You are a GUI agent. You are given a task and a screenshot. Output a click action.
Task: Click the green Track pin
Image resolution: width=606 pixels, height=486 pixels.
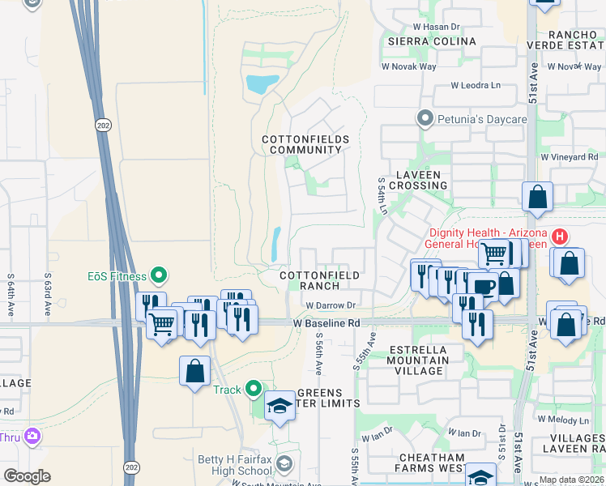point(254,390)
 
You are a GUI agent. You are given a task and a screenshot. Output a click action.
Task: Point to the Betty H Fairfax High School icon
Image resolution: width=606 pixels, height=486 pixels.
point(284,463)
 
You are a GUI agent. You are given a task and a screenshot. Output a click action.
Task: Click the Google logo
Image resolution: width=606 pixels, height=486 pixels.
point(27,476)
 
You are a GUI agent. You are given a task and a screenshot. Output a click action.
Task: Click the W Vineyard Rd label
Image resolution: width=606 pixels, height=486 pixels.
point(569,156)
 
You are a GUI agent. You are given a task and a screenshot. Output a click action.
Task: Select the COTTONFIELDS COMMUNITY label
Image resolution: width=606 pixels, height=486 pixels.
point(305,145)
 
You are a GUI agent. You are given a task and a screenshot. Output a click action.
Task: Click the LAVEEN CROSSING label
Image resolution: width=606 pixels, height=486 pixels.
point(417,180)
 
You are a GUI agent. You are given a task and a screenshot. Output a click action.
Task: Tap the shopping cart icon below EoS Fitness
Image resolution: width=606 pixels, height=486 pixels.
point(162,324)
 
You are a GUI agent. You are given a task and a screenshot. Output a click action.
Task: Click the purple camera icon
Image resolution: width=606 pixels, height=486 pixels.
point(32,437)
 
